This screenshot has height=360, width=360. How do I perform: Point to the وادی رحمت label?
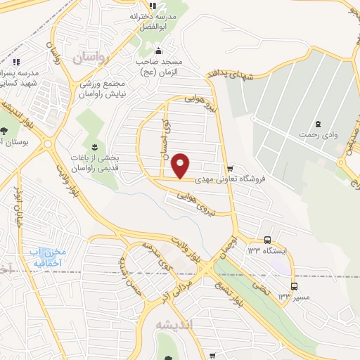click(314, 134)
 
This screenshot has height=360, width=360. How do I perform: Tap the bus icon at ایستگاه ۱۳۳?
click(267, 240)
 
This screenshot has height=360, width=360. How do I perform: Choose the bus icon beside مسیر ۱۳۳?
click(294, 286)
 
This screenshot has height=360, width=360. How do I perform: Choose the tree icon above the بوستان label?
click(5, 131)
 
